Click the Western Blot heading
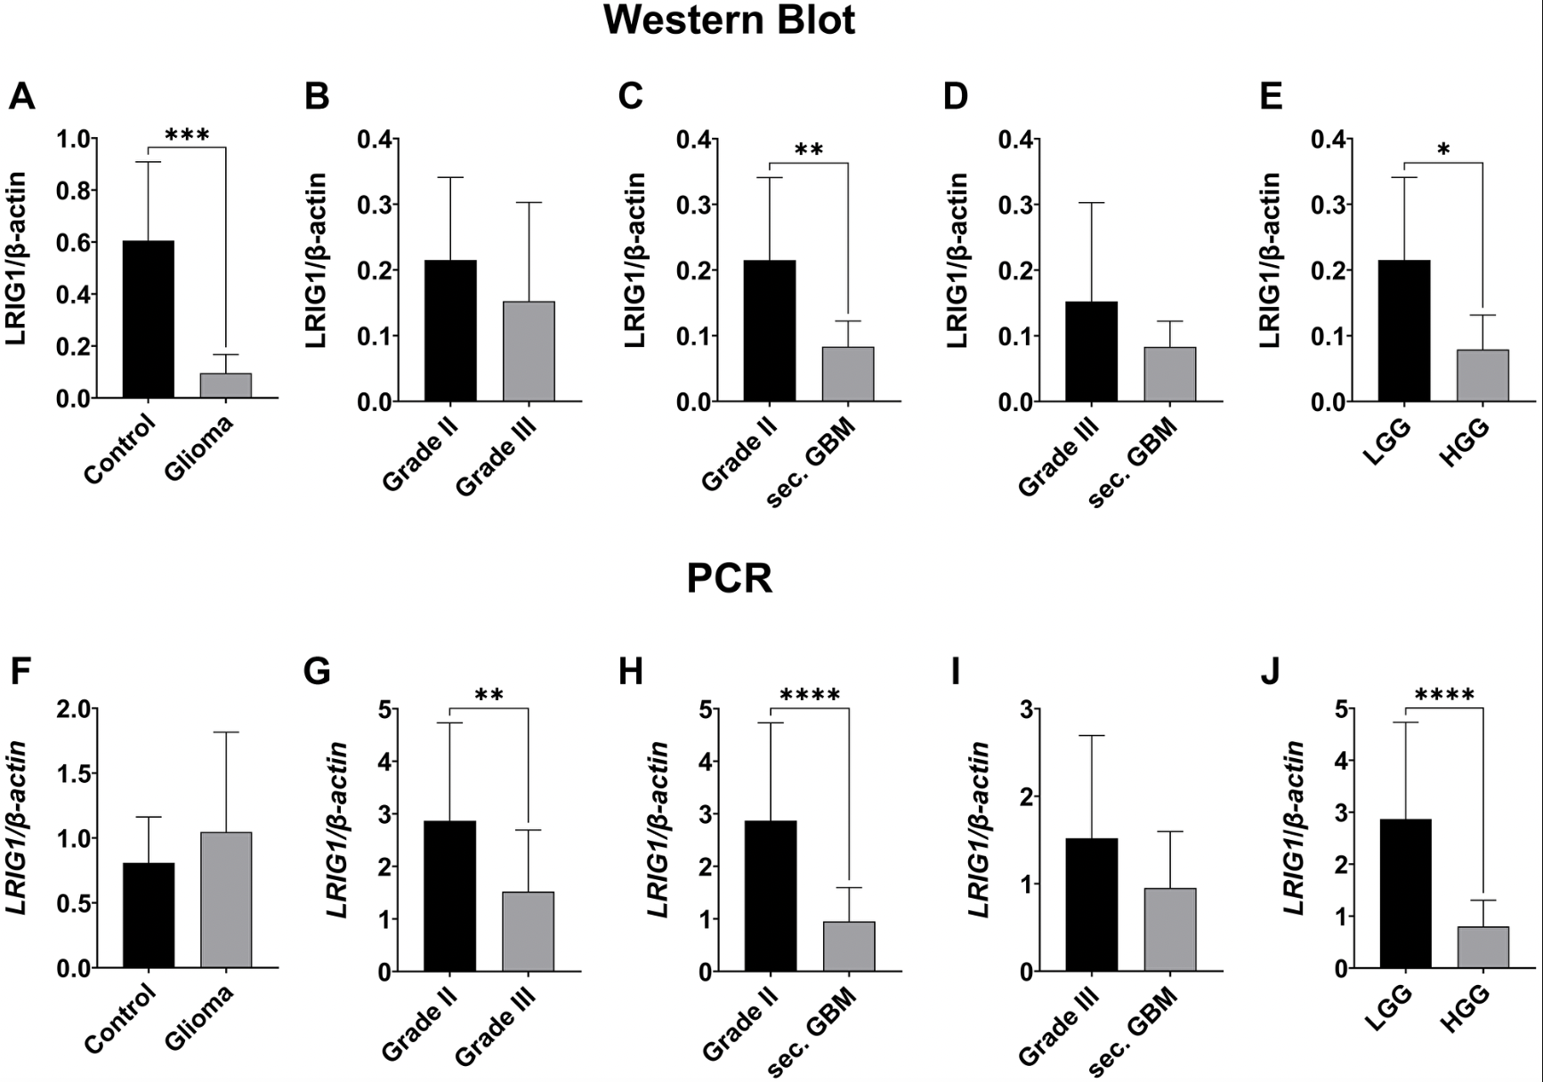coord(729,20)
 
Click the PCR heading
coord(729,579)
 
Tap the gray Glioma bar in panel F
coord(226,900)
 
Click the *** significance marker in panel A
coord(187,136)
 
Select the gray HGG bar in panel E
coord(1482,375)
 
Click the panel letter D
coord(955,96)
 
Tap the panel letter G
coord(317,672)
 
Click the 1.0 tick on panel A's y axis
coord(73,140)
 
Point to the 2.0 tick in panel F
coord(73,709)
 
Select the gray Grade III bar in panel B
coord(529,351)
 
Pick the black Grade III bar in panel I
coord(1092,904)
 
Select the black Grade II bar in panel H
coord(771,895)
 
